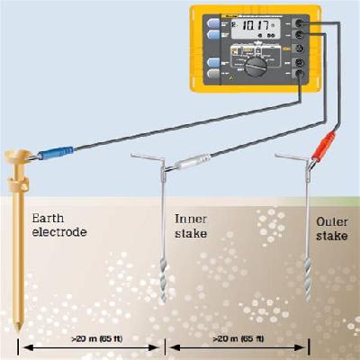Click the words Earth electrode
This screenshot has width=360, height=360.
[x=59, y=224]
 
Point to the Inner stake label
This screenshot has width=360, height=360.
[x=190, y=224]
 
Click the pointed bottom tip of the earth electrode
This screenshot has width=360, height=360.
[x=18, y=326]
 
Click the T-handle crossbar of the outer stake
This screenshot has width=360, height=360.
[x=293, y=155]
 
